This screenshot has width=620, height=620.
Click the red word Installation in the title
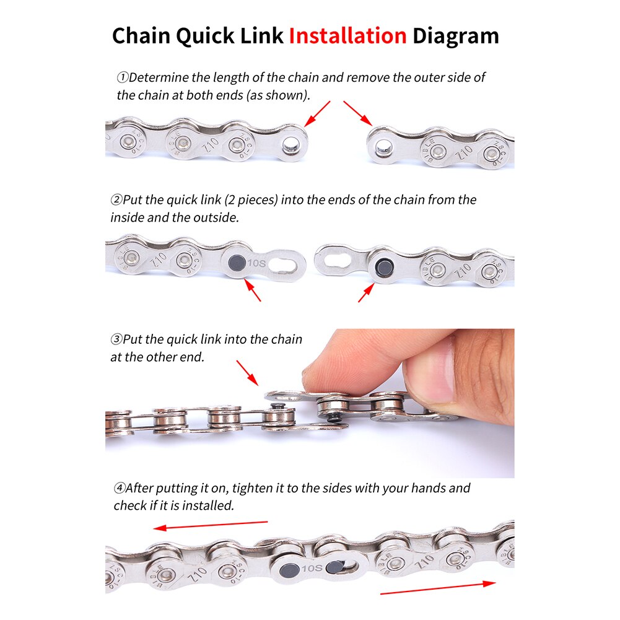[x=347, y=35]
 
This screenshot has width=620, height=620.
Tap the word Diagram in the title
[x=456, y=35]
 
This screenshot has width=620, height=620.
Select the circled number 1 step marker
[x=123, y=78]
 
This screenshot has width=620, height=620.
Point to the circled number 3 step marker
[x=116, y=339]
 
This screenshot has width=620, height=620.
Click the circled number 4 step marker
[x=119, y=489]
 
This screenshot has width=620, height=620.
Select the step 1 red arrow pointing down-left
[x=318, y=113]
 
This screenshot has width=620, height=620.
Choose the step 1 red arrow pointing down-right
[x=358, y=113]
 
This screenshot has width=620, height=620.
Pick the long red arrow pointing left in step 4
[x=211, y=525]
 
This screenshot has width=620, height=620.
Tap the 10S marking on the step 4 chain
[x=312, y=567]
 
